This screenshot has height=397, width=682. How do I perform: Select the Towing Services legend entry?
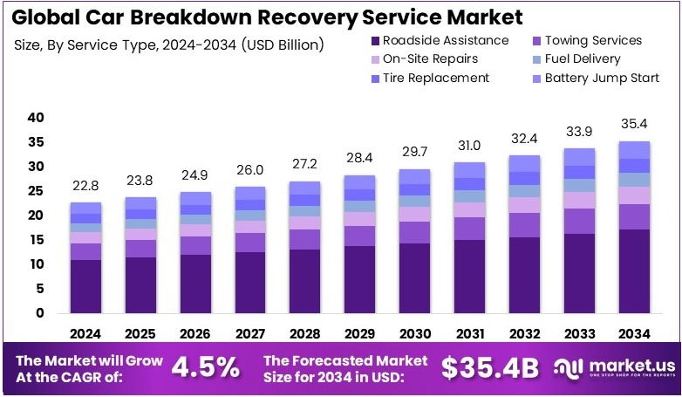click(x=592, y=40)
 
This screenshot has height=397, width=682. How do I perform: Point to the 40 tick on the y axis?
click(x=36, y=118)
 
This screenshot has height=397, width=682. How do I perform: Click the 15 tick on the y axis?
click(x=36, y=240)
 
